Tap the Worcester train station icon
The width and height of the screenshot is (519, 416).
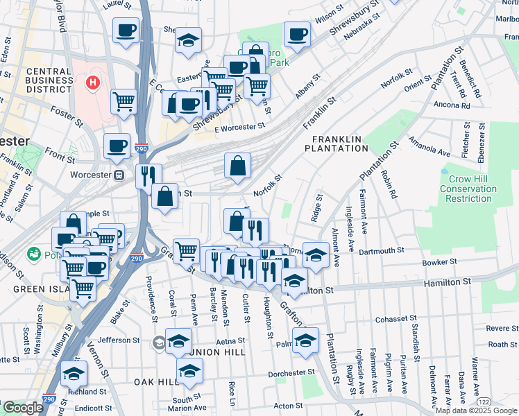click(x=119, y=175)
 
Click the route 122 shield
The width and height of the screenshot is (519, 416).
click(x=483, y=401)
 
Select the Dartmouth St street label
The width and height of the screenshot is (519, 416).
click(x=382, y=250)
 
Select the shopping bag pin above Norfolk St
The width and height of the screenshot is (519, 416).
click(x=237, y=166)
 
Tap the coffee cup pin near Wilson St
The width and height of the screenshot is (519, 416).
click(x=297, y=34)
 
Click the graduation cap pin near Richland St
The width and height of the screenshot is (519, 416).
click(x=74, y=373)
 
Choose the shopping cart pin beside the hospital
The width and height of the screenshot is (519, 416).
click(x=124, y=101)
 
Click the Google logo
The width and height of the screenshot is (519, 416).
click(x=23, y=408)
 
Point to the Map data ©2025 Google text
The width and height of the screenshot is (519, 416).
click(x=476, y=410)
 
